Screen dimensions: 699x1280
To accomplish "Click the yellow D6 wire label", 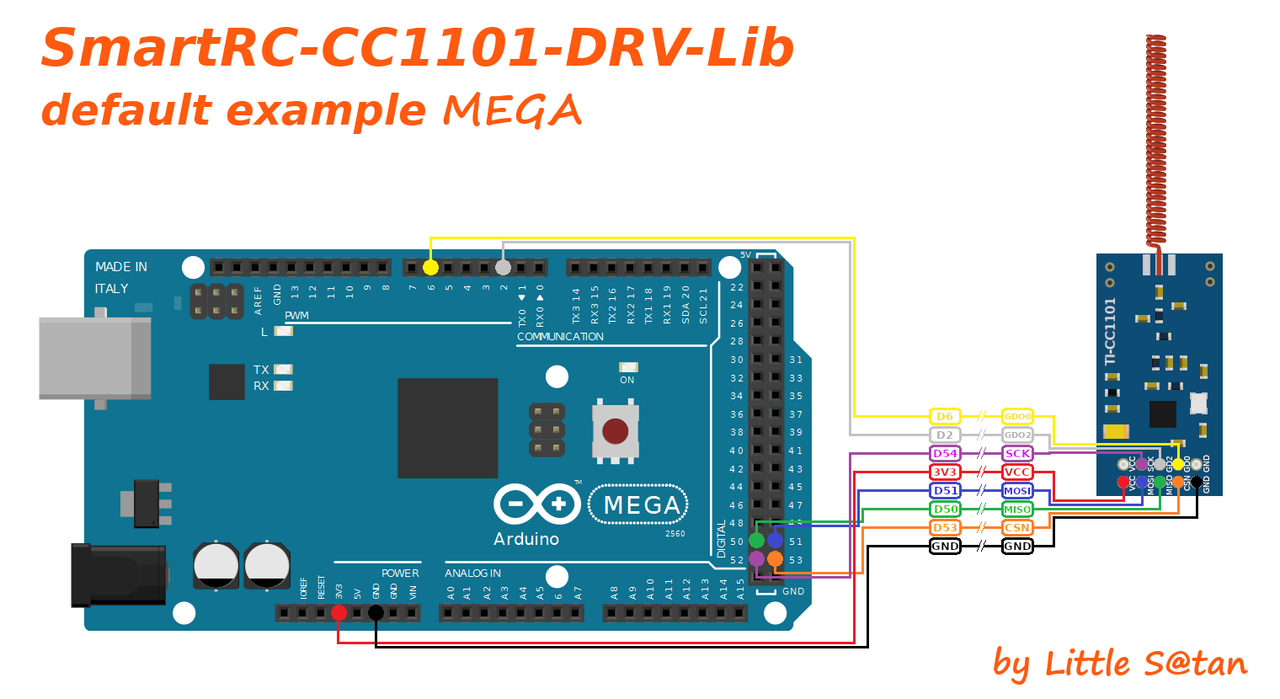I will [945, 417].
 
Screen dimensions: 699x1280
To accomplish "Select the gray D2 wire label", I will [945, 435].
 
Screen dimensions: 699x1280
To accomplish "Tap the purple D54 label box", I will [945, 454].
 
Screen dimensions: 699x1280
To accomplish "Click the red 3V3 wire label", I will [945, 472].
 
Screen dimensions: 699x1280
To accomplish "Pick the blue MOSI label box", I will [1017, 491].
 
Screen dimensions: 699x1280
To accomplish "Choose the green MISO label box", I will [1017, 510].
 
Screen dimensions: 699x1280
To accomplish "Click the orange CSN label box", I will [1017, 528].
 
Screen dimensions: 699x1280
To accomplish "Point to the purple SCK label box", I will [1017, 454].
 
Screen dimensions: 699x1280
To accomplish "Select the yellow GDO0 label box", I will [1017, 417].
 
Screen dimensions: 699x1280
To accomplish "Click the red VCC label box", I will [1017, 472].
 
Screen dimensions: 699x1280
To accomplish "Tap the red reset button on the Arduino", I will [616, 431].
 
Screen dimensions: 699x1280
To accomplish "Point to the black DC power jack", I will [118, 575].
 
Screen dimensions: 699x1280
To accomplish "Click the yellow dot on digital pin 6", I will [430, 268].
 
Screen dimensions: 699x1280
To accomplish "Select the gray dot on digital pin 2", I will [503, 268].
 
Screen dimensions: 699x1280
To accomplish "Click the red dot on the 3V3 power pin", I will [339, 612].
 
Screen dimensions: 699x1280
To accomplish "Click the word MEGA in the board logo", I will [642, 505].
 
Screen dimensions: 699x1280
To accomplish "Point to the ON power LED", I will [628, 367].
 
